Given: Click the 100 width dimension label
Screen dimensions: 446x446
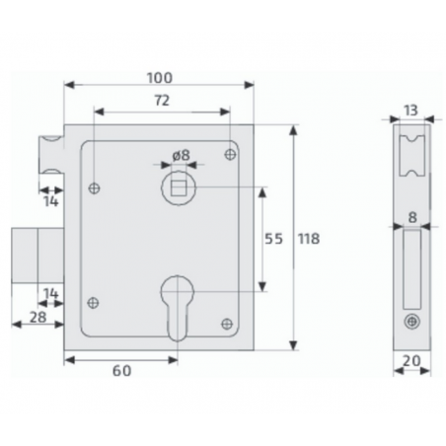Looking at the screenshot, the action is pos(160,78).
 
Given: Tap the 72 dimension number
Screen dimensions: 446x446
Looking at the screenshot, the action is pos(162,101).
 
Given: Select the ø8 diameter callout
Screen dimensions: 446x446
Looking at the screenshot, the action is pos(182,155).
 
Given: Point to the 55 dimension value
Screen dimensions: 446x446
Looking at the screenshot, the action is pos(273,239).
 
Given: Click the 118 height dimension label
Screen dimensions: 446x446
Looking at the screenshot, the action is pos(309,239).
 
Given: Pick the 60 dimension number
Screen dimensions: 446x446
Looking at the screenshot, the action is pos(122,371).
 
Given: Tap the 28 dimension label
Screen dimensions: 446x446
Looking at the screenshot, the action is pos(38,318).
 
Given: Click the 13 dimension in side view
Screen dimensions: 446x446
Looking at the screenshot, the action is pos(410,111).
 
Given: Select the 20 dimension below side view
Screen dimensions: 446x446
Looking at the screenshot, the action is pos(411,361).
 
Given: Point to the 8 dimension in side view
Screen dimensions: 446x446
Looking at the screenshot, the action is pos(412,217).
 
